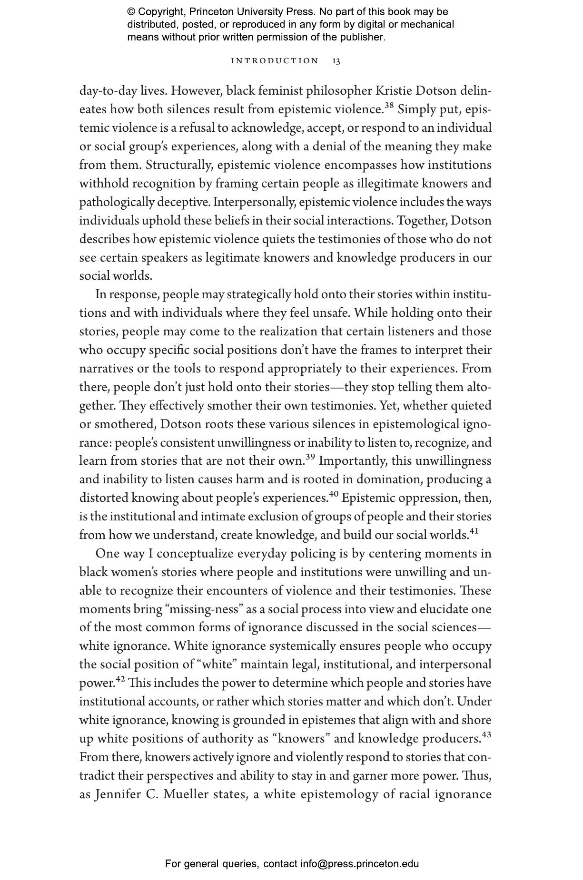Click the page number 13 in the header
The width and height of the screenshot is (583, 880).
[336, 61]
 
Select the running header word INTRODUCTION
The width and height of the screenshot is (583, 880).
[275, 61]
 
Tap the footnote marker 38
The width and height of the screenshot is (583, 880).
[389, 105]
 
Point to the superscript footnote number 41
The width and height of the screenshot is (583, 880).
[474, 531]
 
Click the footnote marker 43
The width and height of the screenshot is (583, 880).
[486, 734]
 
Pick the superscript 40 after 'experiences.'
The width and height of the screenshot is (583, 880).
[334, 494]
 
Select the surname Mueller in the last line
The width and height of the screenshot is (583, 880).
[186, 794]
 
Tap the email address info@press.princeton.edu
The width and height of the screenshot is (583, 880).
[359, 864]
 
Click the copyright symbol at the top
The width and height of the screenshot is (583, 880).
[131, 12]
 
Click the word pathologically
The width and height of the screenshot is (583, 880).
[117, 202]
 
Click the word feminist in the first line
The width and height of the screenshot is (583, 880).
[280, 90]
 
